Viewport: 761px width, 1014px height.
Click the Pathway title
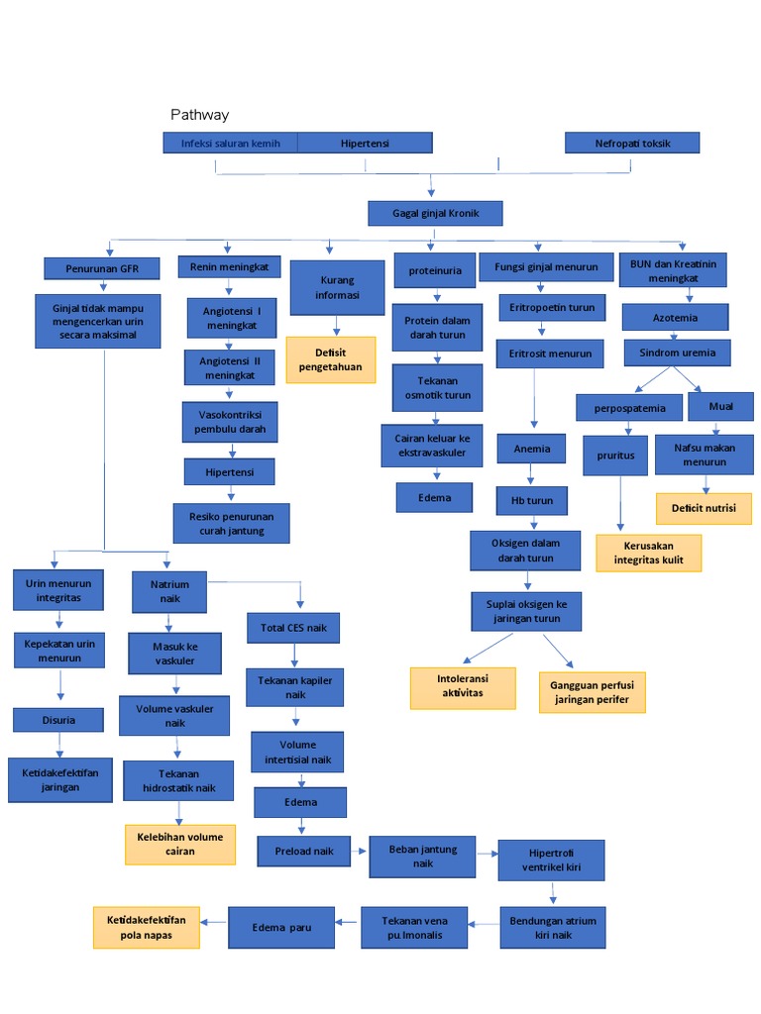199,115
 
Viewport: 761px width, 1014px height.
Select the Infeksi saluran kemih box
230,143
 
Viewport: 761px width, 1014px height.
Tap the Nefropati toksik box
632,143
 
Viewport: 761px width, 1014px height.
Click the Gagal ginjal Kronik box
434,213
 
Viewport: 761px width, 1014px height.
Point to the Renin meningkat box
230,266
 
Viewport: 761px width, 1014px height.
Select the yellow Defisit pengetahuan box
331,359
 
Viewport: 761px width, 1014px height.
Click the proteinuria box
435,270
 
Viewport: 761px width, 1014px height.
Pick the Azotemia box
675,318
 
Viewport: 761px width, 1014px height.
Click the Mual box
720,406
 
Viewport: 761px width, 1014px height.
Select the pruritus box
622,456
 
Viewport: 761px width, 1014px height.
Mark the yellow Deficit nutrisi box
704,509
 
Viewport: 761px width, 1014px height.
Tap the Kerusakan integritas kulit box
648,554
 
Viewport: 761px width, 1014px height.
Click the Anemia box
531,449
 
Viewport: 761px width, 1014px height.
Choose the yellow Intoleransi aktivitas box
463,688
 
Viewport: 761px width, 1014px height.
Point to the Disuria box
58,720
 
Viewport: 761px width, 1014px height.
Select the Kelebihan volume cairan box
180,844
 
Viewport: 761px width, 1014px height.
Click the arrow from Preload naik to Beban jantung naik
360,852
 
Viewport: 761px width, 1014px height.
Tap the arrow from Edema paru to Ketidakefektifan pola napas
214,921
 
